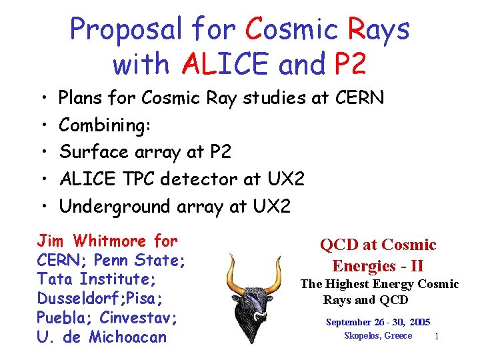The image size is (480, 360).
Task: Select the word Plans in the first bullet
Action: click(x=81, y=99)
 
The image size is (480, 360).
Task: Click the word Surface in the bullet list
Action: click(x=91, y=152)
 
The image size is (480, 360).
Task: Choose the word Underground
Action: click(x=115, y=207)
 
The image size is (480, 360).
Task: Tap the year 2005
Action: click(x=420, y=322)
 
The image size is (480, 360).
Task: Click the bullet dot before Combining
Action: click(x=42, y=126)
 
